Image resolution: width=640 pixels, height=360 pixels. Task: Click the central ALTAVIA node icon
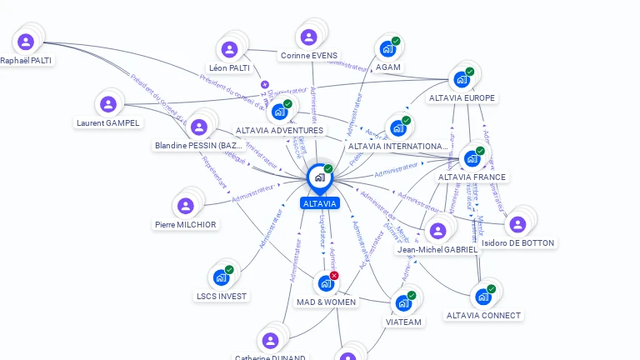(x=319, y=177)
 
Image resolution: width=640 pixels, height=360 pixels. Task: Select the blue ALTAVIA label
(x=320, y=203)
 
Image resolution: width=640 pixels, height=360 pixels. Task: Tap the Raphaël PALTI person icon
(x=26, y=42)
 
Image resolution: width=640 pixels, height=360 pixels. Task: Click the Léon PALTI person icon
(x=228, y=49)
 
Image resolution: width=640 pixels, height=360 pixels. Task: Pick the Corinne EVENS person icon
(x=309, y=37)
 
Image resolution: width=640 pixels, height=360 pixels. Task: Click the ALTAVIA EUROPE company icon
(x=461, y=80)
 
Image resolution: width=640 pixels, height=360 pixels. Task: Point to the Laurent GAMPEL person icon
(x=107, y=105)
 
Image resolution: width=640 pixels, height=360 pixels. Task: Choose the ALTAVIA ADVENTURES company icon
(x=279, y=112)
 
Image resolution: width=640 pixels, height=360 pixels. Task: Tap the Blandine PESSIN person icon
(x=198, y=127)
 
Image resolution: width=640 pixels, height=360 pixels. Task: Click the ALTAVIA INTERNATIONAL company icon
(x=397, y=128)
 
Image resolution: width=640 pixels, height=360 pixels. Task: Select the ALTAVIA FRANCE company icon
(x=472, y=158)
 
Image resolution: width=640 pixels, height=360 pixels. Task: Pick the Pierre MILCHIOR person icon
(x=185, y=206)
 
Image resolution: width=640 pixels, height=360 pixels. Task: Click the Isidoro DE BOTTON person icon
(x=517, y=224)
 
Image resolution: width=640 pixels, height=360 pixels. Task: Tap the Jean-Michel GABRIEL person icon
(x=437, y=231)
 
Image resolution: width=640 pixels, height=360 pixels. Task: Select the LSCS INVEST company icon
(x=221, y=277)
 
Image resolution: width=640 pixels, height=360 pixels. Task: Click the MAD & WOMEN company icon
(x=326, y=283)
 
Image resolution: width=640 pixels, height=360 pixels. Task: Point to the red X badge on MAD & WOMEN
(x=334, y=275)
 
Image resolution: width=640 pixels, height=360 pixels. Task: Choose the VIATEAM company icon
(x=403, y=302)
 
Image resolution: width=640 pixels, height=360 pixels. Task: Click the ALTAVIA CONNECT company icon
(x=482, y=297)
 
